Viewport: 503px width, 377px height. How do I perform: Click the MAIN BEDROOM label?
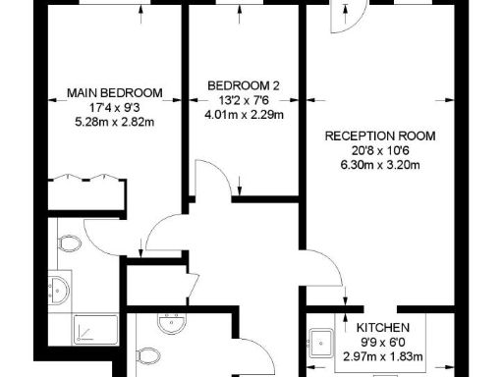[114, 93]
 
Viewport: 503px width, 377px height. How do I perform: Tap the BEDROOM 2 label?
[244, 86]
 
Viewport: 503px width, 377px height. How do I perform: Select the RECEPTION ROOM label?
[380, 135]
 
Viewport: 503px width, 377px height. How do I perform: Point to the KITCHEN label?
[383, 327]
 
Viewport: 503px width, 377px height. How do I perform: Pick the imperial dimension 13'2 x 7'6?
[244, 100]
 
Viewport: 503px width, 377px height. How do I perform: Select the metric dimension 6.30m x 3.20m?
[380, 164]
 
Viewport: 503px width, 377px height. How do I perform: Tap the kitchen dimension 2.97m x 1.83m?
[383, 354]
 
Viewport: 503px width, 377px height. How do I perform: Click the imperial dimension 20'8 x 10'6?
[380, 150]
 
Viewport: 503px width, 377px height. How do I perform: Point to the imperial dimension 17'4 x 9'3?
[114, 108]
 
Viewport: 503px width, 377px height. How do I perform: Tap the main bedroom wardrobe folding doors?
[88, 178]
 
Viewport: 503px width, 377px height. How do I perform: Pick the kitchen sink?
[322, 343]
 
